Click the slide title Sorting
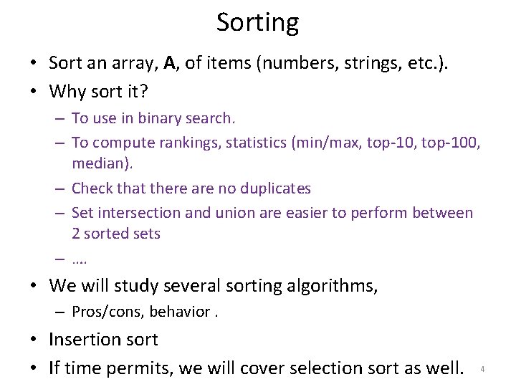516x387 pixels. point(257,23)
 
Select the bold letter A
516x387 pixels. point(169,63)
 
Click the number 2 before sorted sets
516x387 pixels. point(76,234)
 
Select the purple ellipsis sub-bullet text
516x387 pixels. point(80,259)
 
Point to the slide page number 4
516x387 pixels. point(482,369)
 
